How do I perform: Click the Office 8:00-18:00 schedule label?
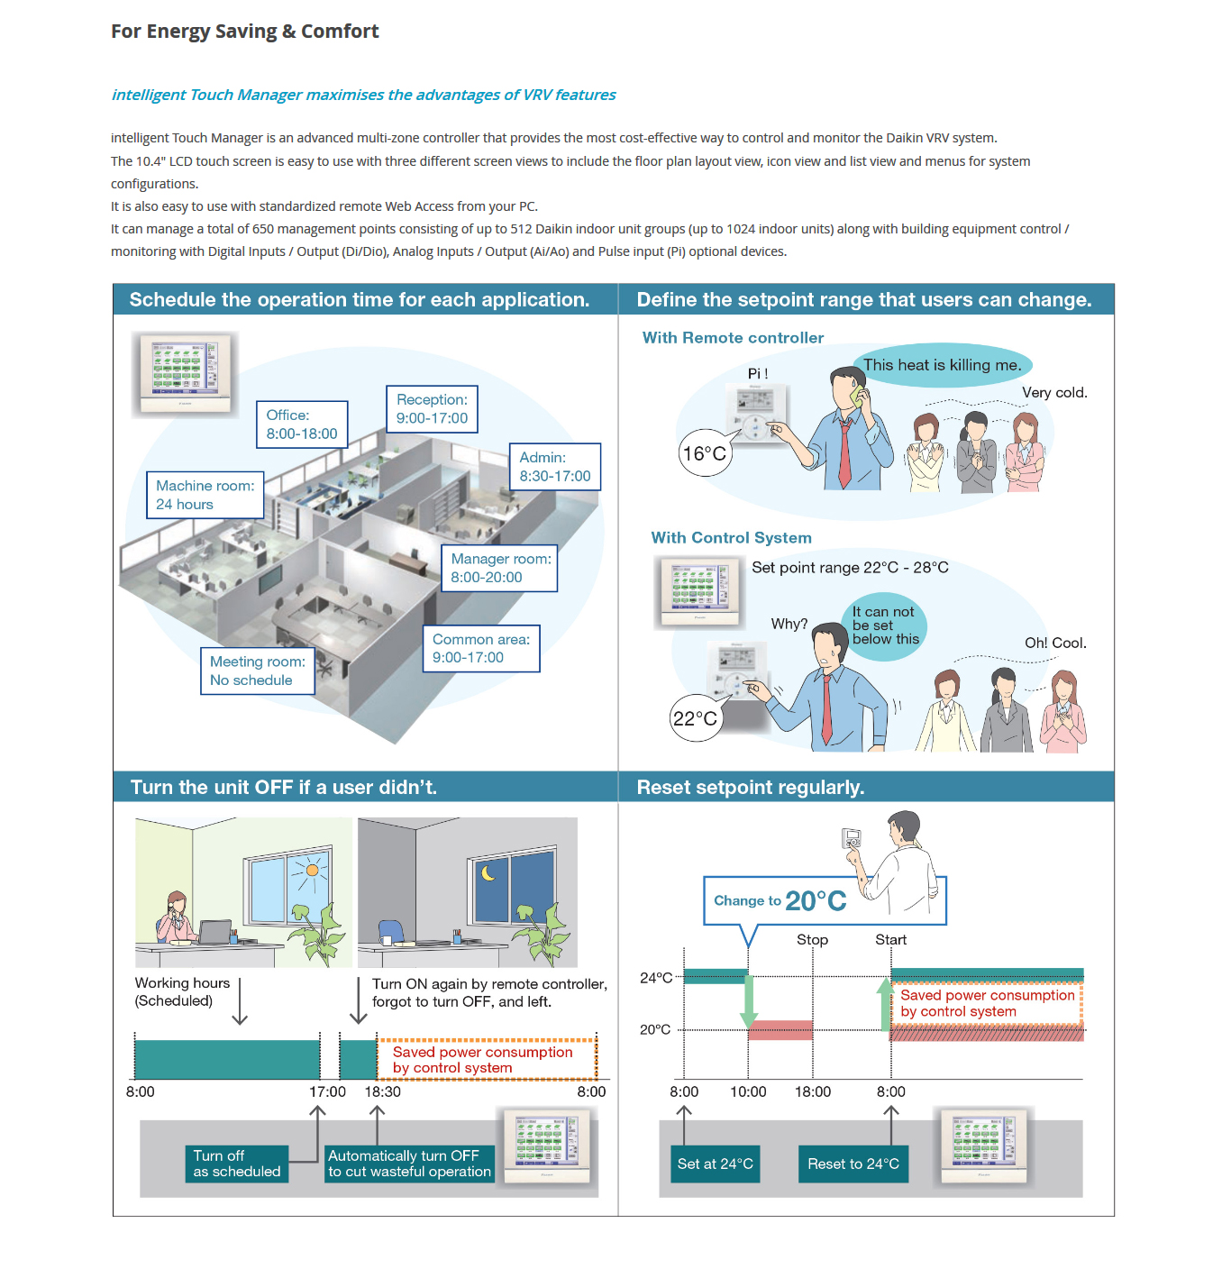tap(302, 424)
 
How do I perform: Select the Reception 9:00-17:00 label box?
tap(432, 409)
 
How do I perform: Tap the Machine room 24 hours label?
tap(205, 495)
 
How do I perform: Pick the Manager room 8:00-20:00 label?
tap(499, 568)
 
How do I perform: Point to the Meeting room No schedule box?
tap(258, 671)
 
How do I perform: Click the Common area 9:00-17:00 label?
tap(481, 648)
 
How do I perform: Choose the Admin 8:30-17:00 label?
tap(555, 467)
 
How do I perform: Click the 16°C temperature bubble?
tap(704, 453)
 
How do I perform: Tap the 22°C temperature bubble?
tap(695, 718)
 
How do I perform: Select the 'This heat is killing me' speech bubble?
tap(942, 365)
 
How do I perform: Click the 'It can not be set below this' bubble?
tap(885, 625)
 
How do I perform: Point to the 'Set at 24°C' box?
tap(715, 1164)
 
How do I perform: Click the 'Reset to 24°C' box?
tap(853, 1164)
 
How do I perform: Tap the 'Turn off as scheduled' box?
tap(237, 1164)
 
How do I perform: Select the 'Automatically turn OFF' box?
tap(409, 1164)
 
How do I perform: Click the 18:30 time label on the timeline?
tap(382, 1091)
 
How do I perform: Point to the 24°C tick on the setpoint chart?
tap(656, 978)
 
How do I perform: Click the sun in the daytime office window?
tap(312, 870)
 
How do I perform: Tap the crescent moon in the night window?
tap(488, 872)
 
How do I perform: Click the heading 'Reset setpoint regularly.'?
tap(751, 787)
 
